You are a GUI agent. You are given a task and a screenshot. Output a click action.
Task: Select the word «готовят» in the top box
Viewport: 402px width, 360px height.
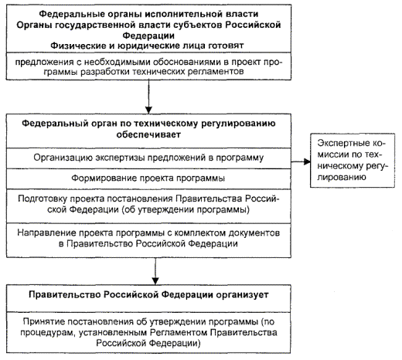pyautogui.click(x=226, y=46)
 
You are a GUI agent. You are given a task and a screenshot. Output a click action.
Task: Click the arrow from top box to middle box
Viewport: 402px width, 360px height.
pyautogui.click(x=148, y=97)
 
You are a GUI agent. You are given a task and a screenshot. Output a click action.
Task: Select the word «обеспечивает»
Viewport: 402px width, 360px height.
pyautogui.click(x=148, y=134)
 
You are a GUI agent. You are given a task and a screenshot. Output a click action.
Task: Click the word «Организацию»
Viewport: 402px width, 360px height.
pyautogui.click(x=63, y=158)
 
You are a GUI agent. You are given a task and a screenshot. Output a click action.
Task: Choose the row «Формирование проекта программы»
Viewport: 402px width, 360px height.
pyautogui.click(x=148, y=178)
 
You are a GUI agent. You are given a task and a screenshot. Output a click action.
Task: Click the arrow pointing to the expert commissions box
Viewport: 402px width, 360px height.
pyautogui.click(x=301, y=161)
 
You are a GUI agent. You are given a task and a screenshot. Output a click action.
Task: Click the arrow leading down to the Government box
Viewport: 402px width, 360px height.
pyautogui.click(x=155, y=271)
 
